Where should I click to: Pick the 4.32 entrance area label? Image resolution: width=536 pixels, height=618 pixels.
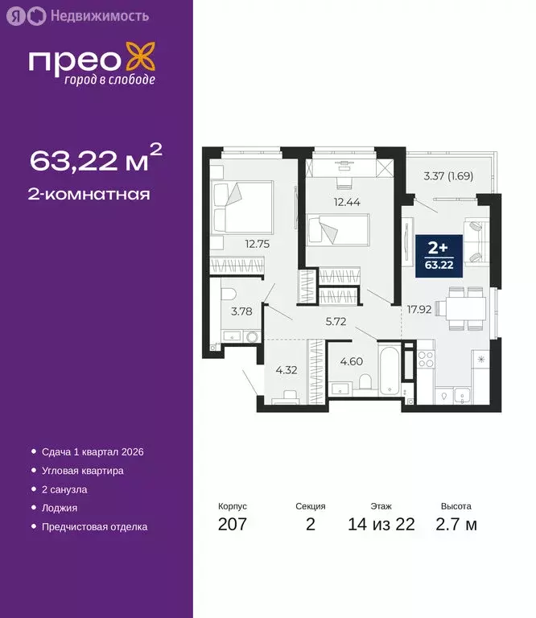point(287,370)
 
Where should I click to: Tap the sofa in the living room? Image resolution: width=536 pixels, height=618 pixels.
point(476,241)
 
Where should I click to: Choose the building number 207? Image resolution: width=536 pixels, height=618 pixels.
point(232,525)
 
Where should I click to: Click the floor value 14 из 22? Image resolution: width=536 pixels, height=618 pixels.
point(381,525)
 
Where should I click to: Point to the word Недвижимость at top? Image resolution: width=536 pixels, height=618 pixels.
point(99,15)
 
